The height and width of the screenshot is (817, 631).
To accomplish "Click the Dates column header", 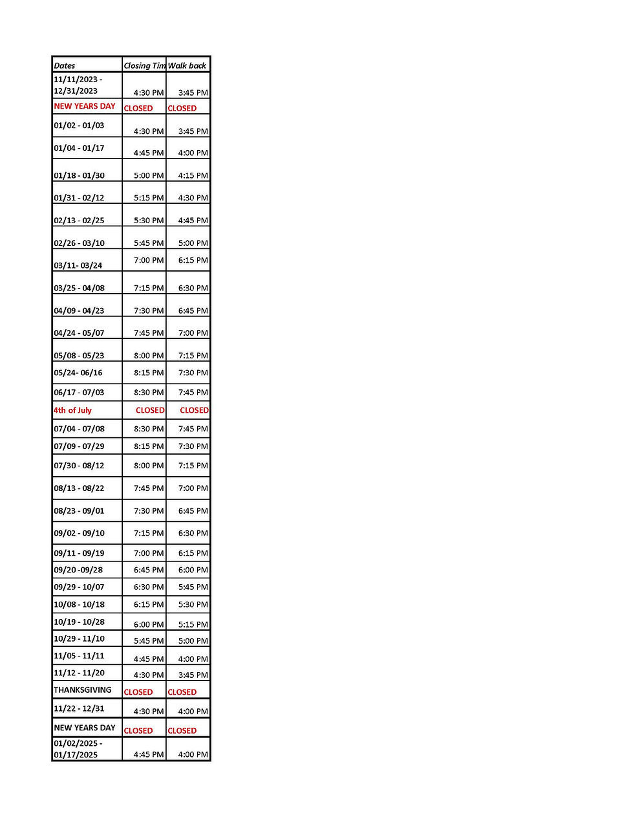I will [x=65, y=65].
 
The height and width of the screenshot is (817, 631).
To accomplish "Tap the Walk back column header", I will [x=187, y=65].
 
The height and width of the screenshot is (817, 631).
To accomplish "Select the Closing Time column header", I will [x=144, y=65].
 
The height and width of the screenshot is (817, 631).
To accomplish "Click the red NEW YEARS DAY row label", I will [x=85, y=106].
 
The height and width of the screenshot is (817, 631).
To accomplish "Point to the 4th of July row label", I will [x=72, y=410].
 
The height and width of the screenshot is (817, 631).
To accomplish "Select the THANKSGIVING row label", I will [x=83, y=690].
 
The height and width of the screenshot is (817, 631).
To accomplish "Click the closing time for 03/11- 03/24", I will [x=149, y=261].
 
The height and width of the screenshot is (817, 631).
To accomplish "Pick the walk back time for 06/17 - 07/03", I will [x=193, y=393].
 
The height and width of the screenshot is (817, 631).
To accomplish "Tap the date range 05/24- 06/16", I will [x=78, y=373].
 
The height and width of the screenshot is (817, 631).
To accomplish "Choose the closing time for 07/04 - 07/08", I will [x=149, y=429].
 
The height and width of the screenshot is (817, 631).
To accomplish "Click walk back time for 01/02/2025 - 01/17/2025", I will [x=193, y=754].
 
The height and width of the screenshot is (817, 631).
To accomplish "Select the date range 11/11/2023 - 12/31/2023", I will [x=78, y=85].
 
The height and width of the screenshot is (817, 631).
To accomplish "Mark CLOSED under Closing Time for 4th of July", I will [x=150, y=410].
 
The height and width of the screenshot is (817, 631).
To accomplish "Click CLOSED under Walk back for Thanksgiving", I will [x=182, y=692].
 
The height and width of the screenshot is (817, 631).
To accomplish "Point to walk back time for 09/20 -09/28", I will [x=193, y=570].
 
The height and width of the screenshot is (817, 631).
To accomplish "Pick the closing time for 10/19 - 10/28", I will [x=149, y=625].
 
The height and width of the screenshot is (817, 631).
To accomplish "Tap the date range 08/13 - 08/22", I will [x=79, y=488].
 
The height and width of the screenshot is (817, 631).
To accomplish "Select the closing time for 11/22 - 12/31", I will [x=149, y=712].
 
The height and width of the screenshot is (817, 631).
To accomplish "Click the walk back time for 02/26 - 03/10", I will [x=193, y=243].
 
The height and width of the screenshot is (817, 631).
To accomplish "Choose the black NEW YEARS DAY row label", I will [x=85, y=728].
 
